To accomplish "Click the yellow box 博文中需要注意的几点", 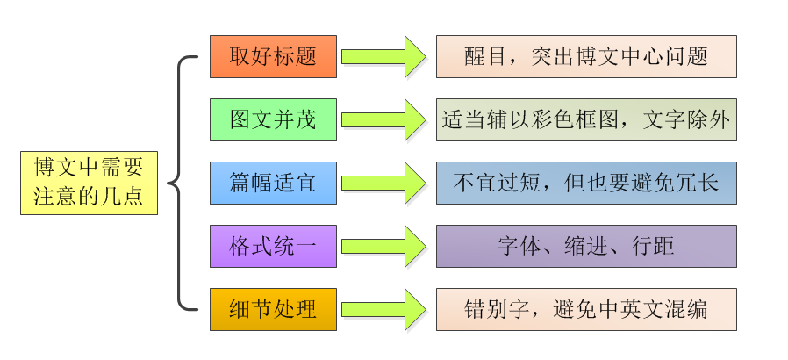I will point(89,182).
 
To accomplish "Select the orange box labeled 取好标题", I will point(273,56).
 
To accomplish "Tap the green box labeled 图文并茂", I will point(273,119).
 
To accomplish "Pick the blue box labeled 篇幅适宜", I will point(273,183).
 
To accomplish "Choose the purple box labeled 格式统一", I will point(273,246).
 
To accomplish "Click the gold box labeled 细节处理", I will point(273,309).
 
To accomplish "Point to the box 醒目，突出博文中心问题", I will point(586,56).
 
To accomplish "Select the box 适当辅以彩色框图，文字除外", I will point(586,119).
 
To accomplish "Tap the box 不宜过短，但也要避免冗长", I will point(586,183).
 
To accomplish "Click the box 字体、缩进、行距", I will point(586,246).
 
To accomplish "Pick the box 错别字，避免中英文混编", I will point(586,309).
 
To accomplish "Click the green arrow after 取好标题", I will point(383,56).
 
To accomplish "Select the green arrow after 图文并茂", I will point(383,119).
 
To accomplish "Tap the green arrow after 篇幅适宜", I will point(383,183).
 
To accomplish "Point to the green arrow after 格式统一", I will point(383,246).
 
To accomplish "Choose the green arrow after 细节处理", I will point(383,309).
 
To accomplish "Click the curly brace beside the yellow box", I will point(180,183).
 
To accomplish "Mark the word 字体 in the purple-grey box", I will point(516,246).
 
